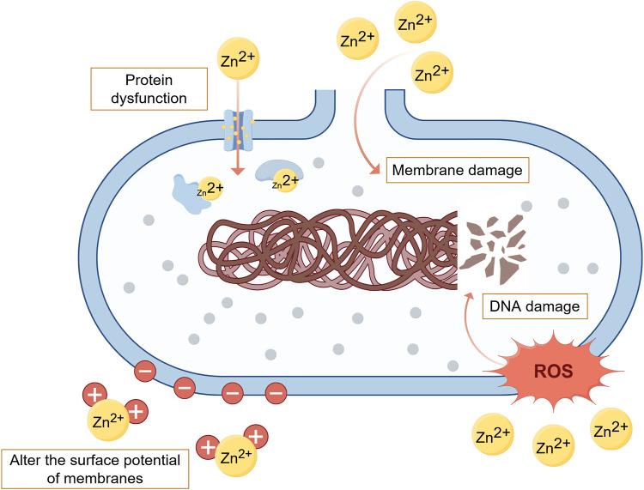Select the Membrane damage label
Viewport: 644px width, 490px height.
click(456, 170)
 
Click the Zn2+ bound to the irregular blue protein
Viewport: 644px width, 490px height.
click(210, 187)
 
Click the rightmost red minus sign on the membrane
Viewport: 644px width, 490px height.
click(275, 393)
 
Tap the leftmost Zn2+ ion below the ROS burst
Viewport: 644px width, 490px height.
click(494, 435)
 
